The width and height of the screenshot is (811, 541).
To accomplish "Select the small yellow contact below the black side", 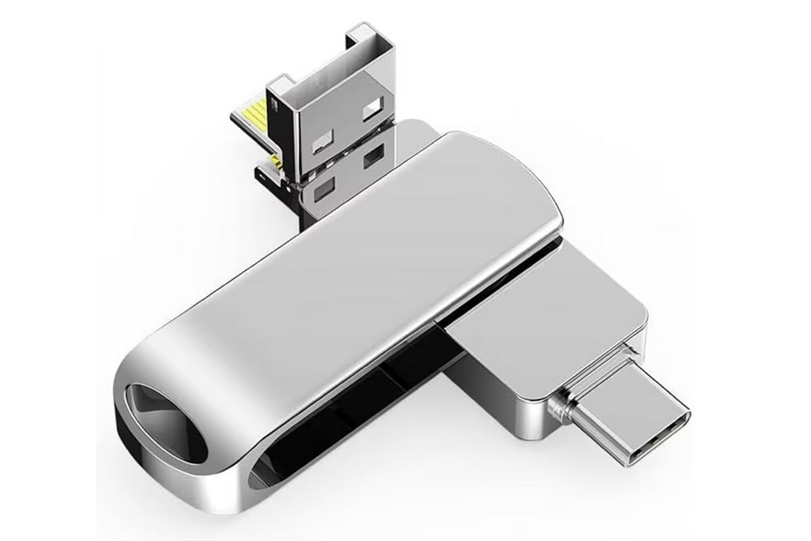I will [x=277, y=162].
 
